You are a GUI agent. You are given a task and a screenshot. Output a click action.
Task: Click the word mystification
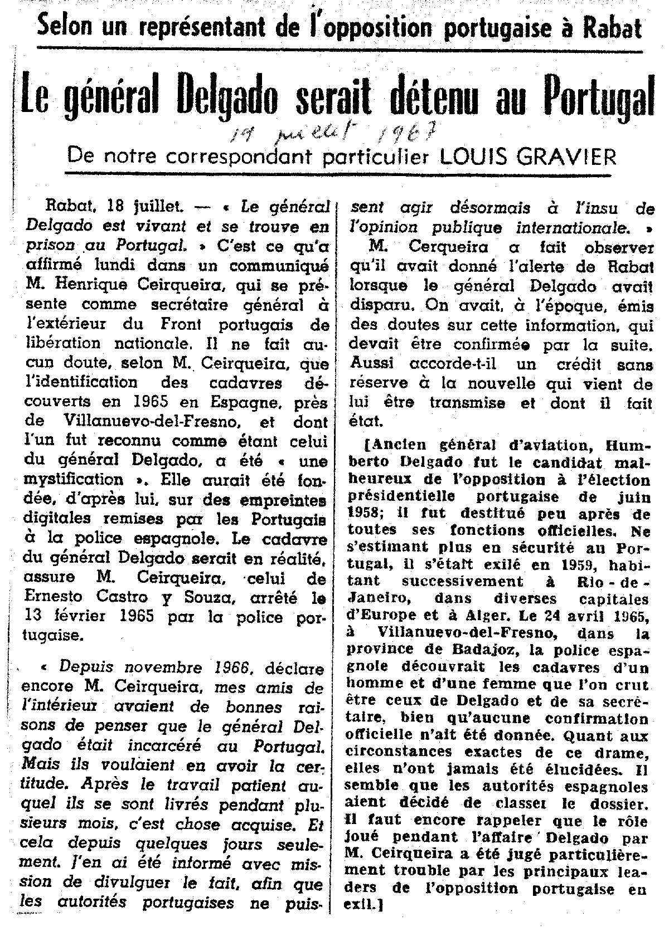(75, 479)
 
